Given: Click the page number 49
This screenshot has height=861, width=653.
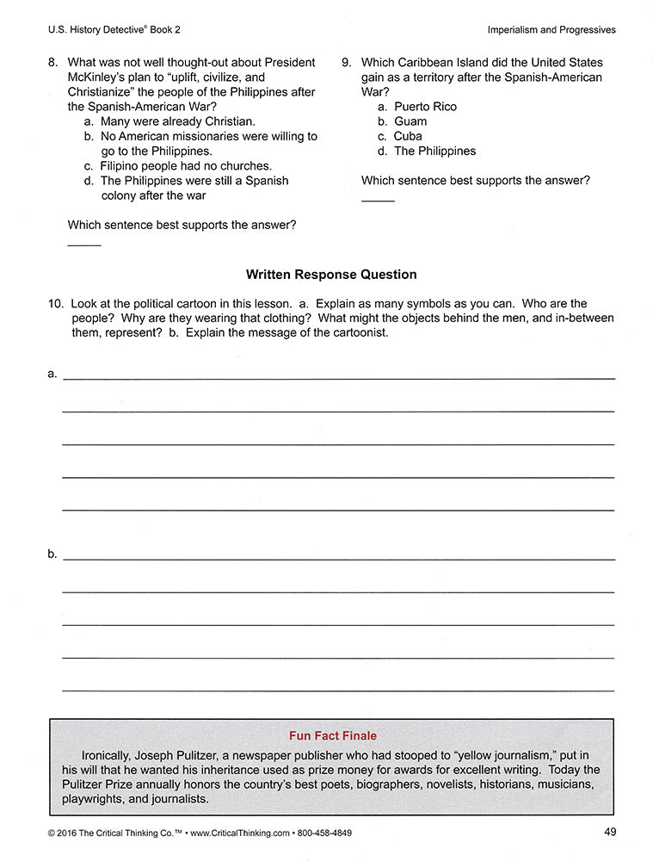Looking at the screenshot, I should (610, 832).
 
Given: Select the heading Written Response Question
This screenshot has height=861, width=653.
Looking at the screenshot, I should (331, 275).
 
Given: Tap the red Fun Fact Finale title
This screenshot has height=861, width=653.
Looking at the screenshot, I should (333, 736).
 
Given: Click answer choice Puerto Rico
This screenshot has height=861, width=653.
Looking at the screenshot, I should (425, 107).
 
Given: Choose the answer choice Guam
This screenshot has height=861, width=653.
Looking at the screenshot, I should (410, 121).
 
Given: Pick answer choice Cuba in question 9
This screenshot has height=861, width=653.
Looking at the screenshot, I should (408, 136).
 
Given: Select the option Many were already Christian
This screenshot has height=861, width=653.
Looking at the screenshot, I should (177, 121).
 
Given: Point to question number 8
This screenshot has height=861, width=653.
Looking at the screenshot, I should (53, 63).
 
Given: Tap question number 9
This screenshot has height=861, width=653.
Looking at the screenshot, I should (346, 63).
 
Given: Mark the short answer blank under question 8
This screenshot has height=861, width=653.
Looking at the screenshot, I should (84, 246).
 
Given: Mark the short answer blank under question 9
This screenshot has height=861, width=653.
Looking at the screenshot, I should (378, 201).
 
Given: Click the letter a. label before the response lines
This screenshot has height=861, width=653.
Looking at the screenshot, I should (52, 374).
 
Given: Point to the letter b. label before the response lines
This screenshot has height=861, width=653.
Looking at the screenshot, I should (52, 554).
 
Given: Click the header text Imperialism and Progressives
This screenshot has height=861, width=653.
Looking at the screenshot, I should (551, 29).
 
